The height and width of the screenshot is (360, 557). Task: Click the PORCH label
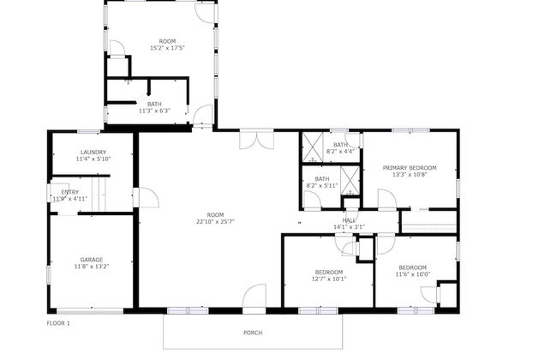[252, 333]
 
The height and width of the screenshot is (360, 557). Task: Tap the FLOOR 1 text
[58, 323]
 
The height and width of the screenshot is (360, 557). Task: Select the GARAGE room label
[92, 259]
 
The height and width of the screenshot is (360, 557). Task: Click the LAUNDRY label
[93, 152]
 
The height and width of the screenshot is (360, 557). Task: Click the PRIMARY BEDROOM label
[410, 167]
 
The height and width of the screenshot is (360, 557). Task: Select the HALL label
[349, 220]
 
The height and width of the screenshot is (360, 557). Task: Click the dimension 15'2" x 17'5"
[167, 48]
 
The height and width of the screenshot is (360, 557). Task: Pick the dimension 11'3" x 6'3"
[154, 110]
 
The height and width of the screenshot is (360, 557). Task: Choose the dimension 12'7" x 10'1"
[328, 278]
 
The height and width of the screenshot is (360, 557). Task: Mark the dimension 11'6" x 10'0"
[412, 274]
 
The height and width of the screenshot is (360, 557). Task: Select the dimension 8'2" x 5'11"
[322, 185]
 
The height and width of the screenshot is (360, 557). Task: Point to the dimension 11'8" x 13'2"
[92, 266]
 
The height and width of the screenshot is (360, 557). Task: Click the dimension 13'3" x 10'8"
[410, 174]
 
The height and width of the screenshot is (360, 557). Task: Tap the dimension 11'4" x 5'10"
[93, 159]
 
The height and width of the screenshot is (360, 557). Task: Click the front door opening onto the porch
[255, 299]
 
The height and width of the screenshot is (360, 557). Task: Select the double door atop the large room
[256, 138]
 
